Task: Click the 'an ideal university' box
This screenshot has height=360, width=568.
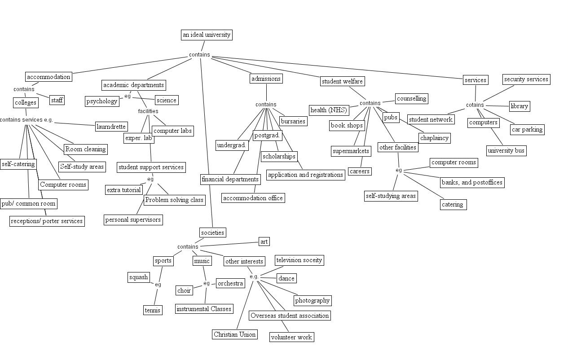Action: pyautogui.click(x=207, y=35)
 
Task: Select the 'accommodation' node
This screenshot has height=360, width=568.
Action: pyautogui.click(x=48, y=77)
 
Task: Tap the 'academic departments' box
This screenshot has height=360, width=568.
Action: pyautogui.click(x=134, y=85)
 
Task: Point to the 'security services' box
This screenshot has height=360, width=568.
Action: pyautogui.click(x=526, y=79)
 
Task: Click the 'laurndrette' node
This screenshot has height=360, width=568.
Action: pyautogui.click(x=111, y=127)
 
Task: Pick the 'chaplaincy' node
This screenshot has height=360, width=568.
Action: pyautogui.click(x=434, y=138)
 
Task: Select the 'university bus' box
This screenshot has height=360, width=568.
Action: pyautogui.click(x=506, y=150)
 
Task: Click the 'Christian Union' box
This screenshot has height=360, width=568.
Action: pyautogui.click(x=235, y=334)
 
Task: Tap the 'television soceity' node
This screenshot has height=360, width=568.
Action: pyautogui.click(x=299, y=260)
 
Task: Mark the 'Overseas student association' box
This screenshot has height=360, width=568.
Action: pyautogui.click(x=290, y=316)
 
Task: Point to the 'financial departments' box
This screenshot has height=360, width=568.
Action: pyautogui.click(x=230, y=179)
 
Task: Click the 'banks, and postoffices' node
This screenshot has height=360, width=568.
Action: pyautogui.click(x=472, y=182)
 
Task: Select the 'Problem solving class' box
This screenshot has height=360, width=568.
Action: pyautogui.click(x=174, y=200)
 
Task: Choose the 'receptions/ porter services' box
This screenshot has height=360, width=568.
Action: pyautogui.click(x=47, y=221)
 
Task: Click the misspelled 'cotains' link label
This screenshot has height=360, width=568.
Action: pyautogui.click(x=475, y=105)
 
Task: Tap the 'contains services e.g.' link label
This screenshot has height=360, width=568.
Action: pyautogui.click(x=26, y=120)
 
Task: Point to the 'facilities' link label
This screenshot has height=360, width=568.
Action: pyautogui.click(x=148, y=111)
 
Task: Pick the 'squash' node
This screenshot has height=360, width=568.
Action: pyautogui.click(x=138, y=277)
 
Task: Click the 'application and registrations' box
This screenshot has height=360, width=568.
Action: pyautogui.click(x=305, y=175)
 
